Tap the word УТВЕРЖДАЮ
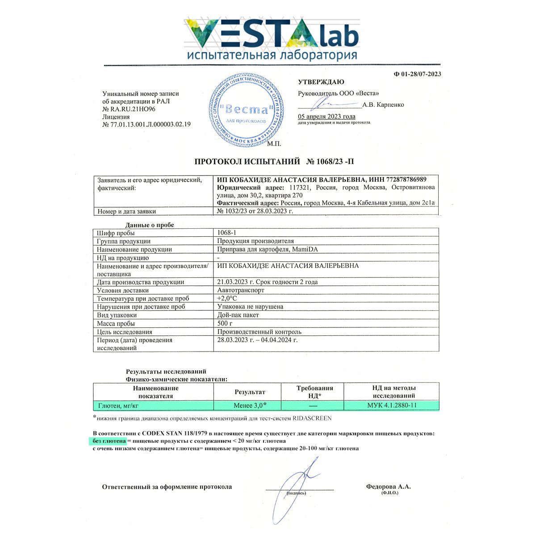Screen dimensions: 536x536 click(x=321, y=82)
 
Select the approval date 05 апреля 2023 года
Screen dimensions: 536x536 click(x=327, y=117)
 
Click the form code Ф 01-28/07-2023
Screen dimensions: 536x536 click(x=417, y=74)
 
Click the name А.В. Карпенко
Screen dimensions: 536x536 click(x=383, y=105)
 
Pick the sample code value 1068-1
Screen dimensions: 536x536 click(x=226, y=233)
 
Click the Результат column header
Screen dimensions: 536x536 click(x=250, y=392)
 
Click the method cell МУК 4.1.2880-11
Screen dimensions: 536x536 click(x=392, y=406)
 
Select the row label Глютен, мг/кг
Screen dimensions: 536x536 click(x=118, y=406)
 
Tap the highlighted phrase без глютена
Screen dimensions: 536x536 click(x=109, y=441)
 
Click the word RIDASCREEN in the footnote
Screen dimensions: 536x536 click(x=312, y=418)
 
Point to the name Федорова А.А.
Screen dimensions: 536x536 click(x=388, y=486)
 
